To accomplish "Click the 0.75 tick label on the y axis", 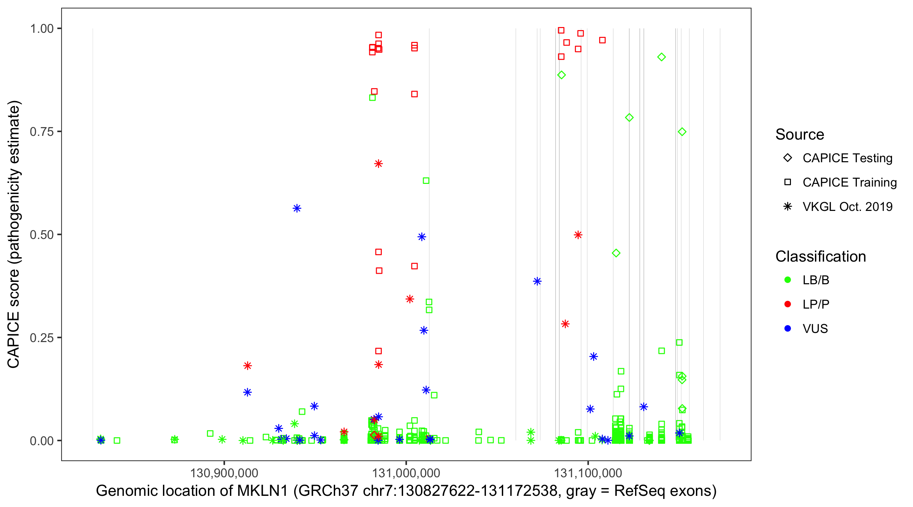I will (x=42, y=132).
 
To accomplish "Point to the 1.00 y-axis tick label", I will (x=42, y=29).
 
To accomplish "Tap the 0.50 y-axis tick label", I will (x=42, y=235).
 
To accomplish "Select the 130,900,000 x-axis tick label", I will (x=224, y=473).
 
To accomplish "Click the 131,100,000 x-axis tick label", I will (x=588, y=473).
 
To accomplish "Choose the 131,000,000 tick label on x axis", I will (x=406, y=473).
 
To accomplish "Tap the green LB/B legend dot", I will (x=788, y=280).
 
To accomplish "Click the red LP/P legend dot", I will (x=788, y=304).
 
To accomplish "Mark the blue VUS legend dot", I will (x=788, y=329).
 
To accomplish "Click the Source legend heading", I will (x=800, y=135).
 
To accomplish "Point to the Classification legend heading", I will (x=820, y=257).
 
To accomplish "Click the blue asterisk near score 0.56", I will (x=297, y=208).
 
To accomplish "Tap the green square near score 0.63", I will (x=426, y=181).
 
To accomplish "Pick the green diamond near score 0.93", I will (x=661, y=57).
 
